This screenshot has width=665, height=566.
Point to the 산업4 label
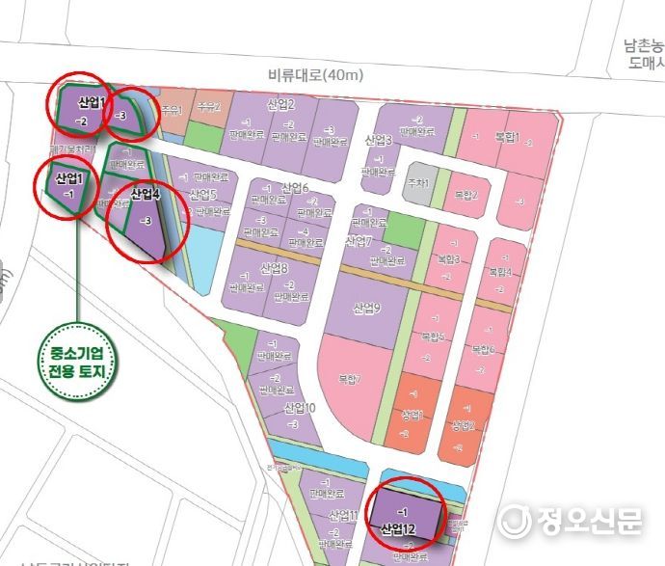[144, 195]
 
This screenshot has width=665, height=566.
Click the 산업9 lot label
[367, 309]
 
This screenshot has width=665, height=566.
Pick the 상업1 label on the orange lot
[412, 414]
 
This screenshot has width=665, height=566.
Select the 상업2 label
[464, 425]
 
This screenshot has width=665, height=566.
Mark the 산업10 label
[300, 409]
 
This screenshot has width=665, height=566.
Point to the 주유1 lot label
[173, 110]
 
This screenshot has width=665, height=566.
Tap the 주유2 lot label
[209, 107]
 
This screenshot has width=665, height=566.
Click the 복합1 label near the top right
[507, 137]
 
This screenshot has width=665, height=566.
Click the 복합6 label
[484, 348]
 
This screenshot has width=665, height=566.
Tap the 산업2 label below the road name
[280, 104]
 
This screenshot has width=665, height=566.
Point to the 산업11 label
[343, 515]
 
